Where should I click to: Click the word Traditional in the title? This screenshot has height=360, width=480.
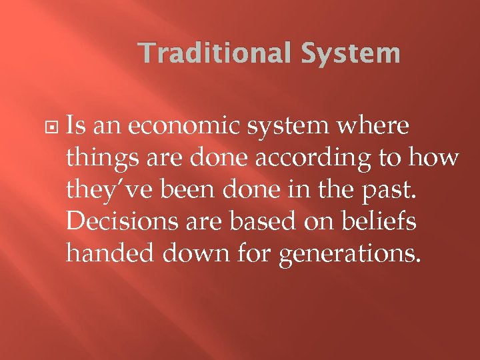[215, 53]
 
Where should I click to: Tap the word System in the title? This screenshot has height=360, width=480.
[351, 53]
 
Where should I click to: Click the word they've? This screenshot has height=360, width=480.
[110, 190]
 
